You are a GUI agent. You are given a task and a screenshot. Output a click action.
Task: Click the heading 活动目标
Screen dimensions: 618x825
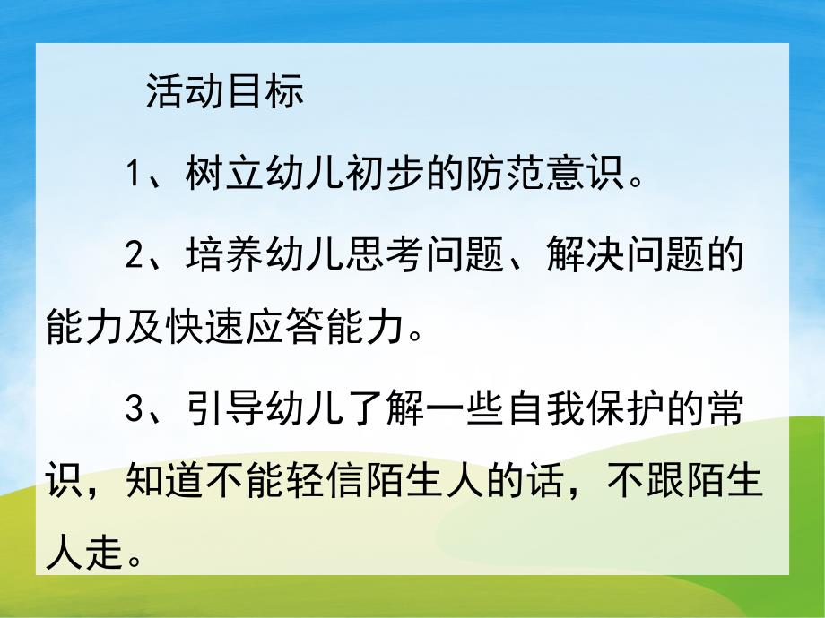click(x=225, y=92)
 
